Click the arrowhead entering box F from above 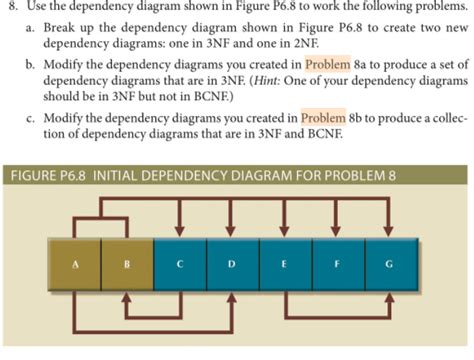pos(336,230)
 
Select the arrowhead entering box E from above pos(284,230)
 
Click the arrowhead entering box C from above pos(179,230)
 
